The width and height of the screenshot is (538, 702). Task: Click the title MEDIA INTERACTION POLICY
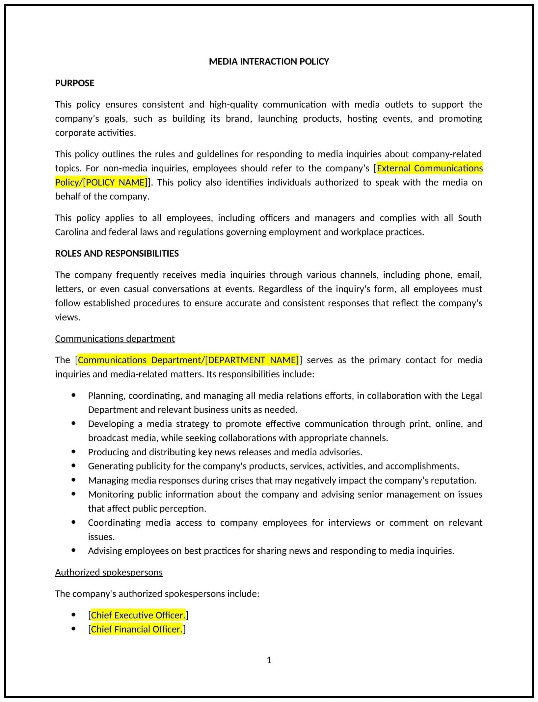pyautogui.click(x=269, y=62)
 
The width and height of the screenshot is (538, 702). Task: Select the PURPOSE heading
pyautogui.click(x=74, y=83)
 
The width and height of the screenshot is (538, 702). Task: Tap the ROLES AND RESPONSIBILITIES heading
pyautogui.click(x=117, y=253)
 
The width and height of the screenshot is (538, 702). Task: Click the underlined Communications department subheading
pyautogui.click(x=115, y=338)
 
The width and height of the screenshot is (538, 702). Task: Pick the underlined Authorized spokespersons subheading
pyautogui.click(x=109, y=572)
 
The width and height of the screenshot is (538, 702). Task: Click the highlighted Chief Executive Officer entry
pyautogui.click(x=138, y=615)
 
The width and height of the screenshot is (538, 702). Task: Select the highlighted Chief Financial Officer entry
pyautogui.click(x=136, y=629)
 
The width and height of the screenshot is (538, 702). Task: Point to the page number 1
pyautogui.click(x=269, y=660)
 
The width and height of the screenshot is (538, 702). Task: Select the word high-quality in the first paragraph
pyautogui.click(x=233, y=105)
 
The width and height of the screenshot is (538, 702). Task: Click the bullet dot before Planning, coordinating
pyautogui.click(x=73, y=395)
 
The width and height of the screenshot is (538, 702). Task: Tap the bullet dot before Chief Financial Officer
pyautogui.click(x=73, y=629)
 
